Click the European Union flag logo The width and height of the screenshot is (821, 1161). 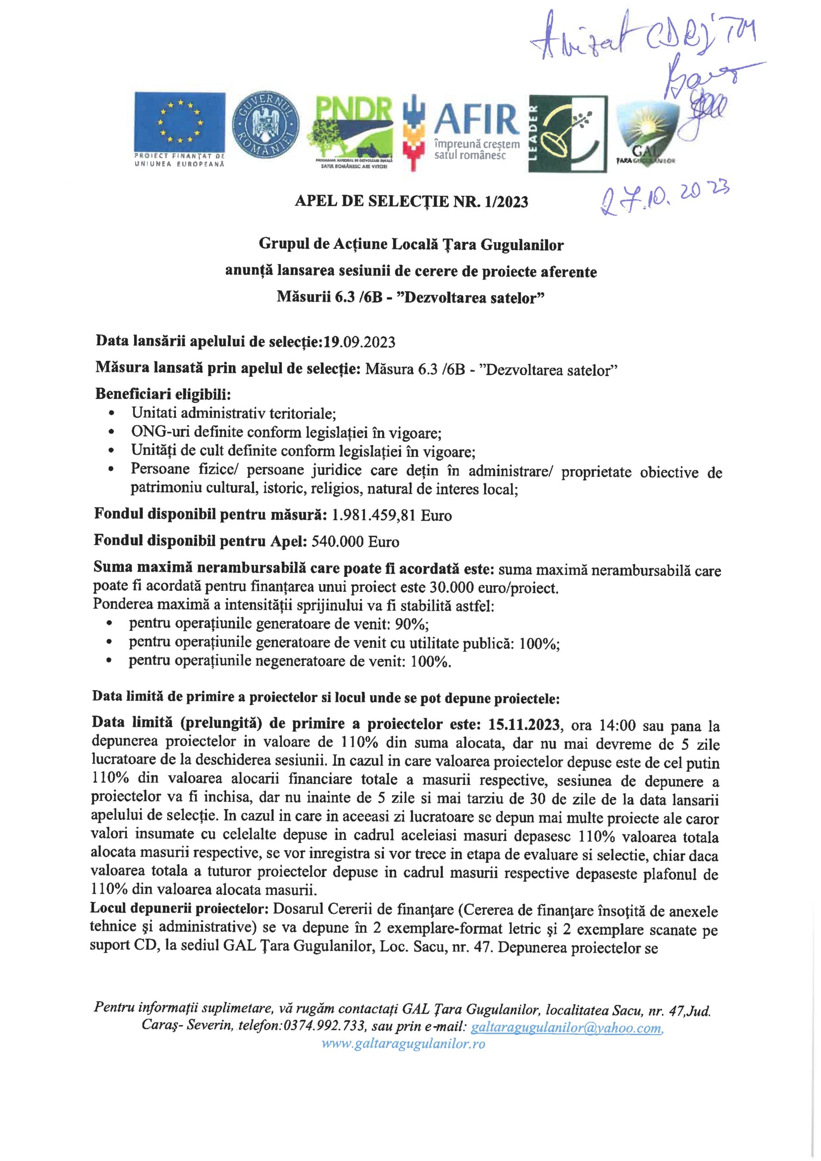click(x=180, y=122)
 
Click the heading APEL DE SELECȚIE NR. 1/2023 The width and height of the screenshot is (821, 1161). click(x=411, y=202)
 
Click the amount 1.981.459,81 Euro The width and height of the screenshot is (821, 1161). click(x=391, y=515)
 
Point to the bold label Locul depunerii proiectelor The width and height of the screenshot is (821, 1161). click(x=179, y=908)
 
